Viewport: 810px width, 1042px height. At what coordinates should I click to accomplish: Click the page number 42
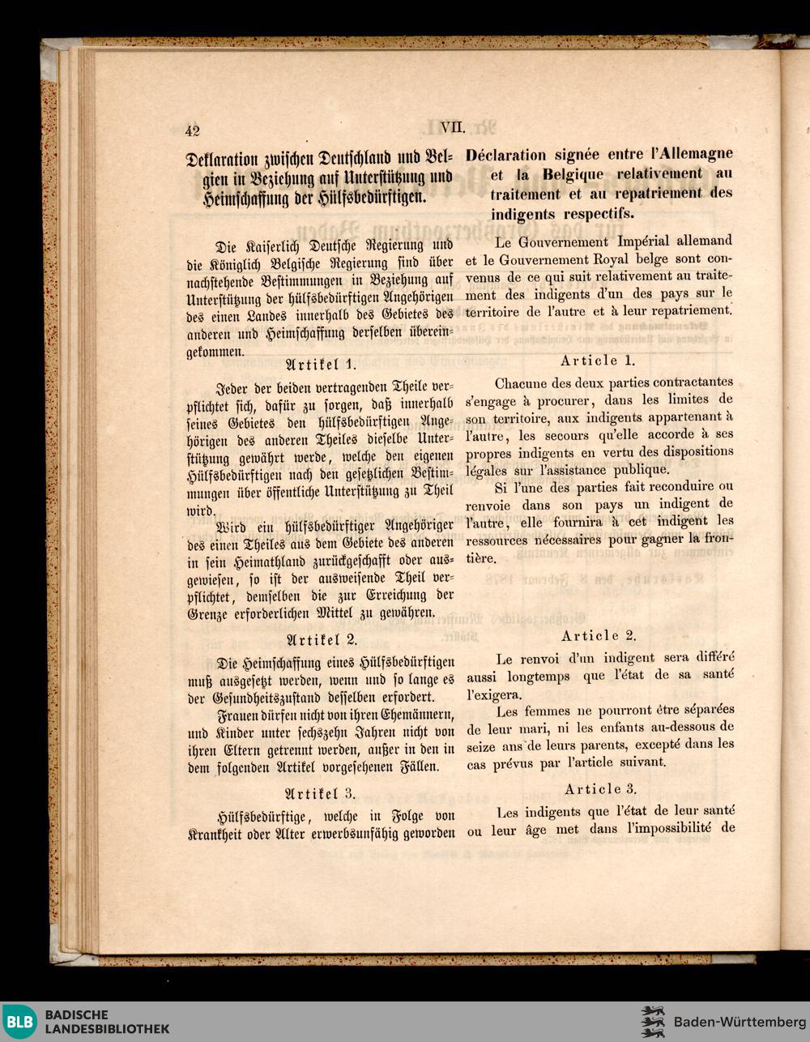tap(192, 130)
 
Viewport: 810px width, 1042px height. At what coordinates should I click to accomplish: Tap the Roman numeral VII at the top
tap(453, 126)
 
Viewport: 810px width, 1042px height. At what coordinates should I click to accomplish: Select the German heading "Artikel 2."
tap(322, 639)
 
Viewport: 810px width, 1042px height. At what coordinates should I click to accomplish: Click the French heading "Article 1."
tap(598, 361)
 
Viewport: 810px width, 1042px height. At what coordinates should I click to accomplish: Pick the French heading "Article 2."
tap(599, 635)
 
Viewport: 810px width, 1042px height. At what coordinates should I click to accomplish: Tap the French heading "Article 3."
tap(600, 788)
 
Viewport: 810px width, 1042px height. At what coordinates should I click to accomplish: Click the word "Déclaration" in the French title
tap(506, 154)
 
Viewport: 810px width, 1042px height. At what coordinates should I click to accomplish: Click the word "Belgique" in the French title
tap(573, 173)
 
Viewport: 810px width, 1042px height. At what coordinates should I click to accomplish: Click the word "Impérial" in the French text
tap(647, 241)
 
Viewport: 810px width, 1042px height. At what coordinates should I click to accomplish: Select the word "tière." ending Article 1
tap(481, 557)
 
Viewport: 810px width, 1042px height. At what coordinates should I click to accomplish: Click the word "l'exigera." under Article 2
tap(494, 694)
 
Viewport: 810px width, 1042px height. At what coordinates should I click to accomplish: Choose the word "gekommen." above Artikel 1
tap(215, 352)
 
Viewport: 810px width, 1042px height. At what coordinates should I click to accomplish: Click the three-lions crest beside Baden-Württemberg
tap(653, 1022)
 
